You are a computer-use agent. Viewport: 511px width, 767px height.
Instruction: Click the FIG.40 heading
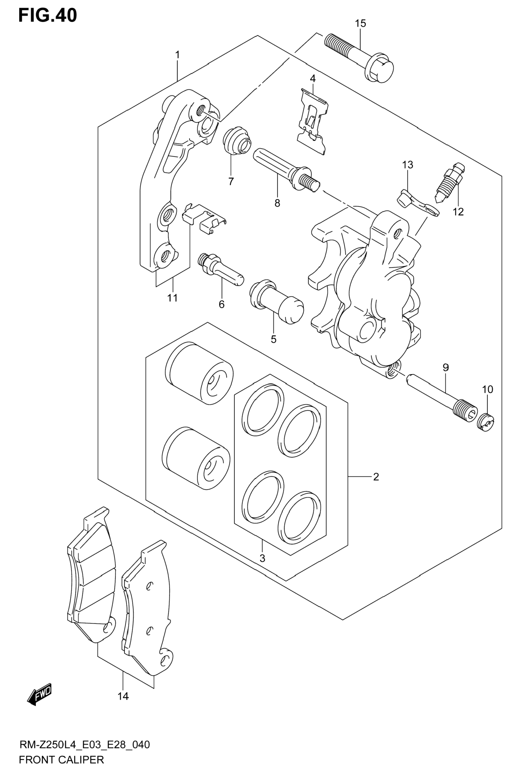[x=48, y=15]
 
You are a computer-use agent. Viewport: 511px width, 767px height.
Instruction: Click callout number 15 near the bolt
[x=360, y=24]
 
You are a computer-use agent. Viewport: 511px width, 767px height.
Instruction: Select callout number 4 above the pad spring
[x=312, y=79]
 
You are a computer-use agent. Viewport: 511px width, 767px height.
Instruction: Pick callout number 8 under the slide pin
[x=277, y=203]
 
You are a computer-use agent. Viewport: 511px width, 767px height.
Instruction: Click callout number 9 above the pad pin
[x=446, y=368]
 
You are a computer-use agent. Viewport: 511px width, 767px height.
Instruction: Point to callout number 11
[x=172, y=298]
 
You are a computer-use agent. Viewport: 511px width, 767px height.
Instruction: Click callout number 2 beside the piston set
[x=376, y=477]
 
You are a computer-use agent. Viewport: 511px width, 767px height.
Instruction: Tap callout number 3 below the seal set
[x=263, y=558]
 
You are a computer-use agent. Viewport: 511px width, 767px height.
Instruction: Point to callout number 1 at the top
[x=177, y=55]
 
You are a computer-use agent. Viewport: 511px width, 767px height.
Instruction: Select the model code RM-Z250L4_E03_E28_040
[x=85, y=745]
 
